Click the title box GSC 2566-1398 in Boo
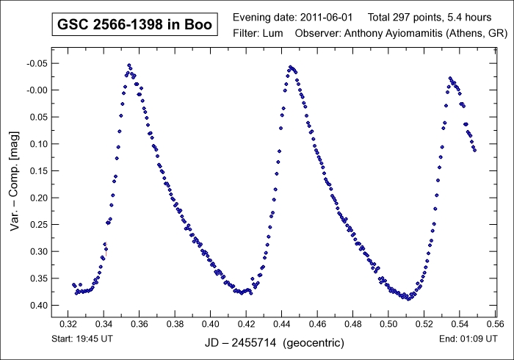[134, 24]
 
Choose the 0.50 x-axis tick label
[388, 323]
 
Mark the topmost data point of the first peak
[128, 65]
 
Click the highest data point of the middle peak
[291, 67]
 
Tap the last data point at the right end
[475, 150]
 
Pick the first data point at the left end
[73, 284]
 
